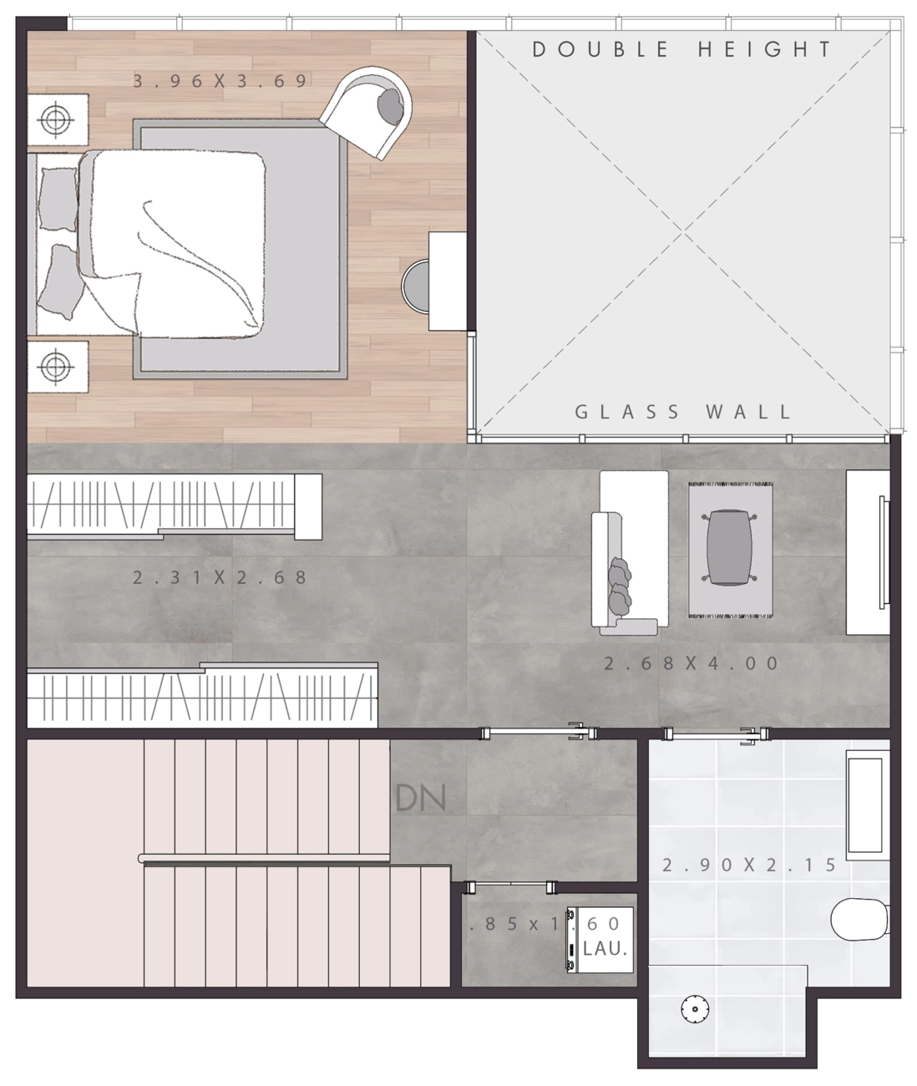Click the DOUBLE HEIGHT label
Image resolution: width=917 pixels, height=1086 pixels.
coord(681,49)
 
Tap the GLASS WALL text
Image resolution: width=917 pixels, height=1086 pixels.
coord(682,412)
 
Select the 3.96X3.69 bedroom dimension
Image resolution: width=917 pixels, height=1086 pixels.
coord(220,81)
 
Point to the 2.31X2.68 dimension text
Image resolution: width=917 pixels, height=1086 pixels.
coord(220,577)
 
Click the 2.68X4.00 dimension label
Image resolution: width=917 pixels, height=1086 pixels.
coord(692,663)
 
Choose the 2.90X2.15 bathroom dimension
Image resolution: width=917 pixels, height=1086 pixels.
coord(749,865)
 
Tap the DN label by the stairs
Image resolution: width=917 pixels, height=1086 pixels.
coord(420,798)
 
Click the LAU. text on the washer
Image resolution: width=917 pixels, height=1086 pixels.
coord(605,949)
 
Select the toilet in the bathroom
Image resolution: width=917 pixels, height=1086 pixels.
coord(859,920)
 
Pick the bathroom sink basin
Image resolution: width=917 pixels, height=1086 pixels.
coord(864,805)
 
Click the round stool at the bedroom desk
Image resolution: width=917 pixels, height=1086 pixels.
coord(415,286)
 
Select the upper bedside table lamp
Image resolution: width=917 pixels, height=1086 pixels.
coord(56,120)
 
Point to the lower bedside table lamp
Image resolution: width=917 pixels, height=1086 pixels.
coord(56,367)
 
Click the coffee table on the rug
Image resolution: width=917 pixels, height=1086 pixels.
coord(729,548)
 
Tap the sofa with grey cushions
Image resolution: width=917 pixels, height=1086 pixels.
coord(630,552)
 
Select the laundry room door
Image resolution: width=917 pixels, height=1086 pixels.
coord(511,887)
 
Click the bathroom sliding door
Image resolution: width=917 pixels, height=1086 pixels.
coord(717,733)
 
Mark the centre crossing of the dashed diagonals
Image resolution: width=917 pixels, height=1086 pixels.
coord(683,232)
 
